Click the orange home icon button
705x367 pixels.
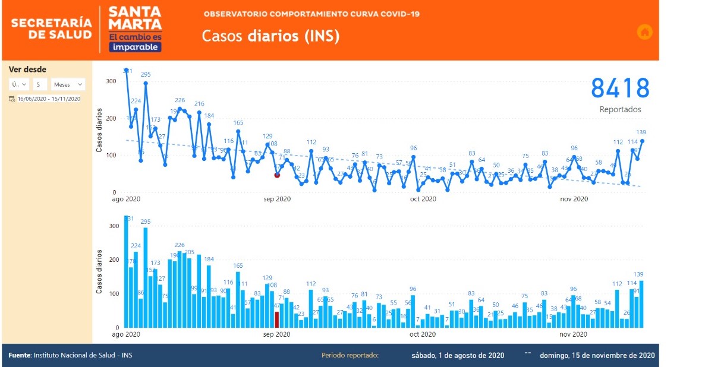pyautogui.click(x=644, y=32)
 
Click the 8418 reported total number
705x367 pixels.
pyautogui.click(x=620, y=88)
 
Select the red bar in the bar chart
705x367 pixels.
pyautogui.click(x=276, y=319)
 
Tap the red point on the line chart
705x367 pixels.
pyautogui.click(x=277, y=175)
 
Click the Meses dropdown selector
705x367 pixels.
pyautogui.click(x=68, y=84)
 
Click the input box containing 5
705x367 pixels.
pyautogui.click(x=40, y=84)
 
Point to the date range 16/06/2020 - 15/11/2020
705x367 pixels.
pyautogui.click(x=49, y=99)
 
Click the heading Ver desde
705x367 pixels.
pyautogui.click(x=27, y=69)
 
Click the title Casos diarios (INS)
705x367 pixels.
pyautogui.click(x=270, y=36)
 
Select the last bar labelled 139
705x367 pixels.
pyautogui.click(x=641, y=303)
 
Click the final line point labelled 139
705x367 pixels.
pyautogui.click(x=642, y=141)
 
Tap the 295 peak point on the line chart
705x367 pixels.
pyautogui.click(x=146, y=83)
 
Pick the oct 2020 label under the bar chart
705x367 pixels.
pyautogui.click(x=423, y=334)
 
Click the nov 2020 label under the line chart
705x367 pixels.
pyautogui.click(x=574, y=199)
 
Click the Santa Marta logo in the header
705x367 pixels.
pyautogui.click(x=135, y=29)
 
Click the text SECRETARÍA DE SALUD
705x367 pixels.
pyautogui.click(x=52, y=29)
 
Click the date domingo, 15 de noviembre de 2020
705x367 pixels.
pyautogui.click(x=597, y=356)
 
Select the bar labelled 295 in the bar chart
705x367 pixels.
pyautogui.click(x=146, y=277)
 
